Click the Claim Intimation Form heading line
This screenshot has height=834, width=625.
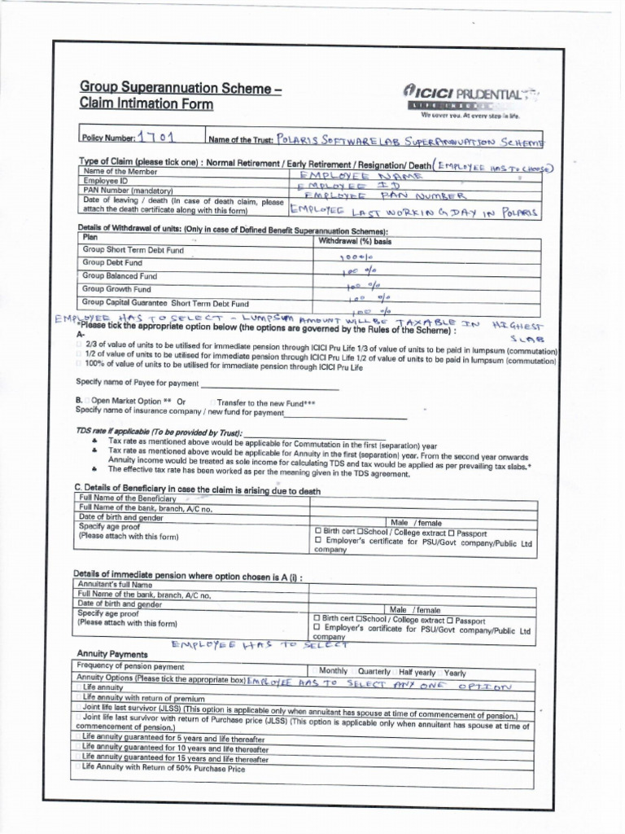pos(146,104)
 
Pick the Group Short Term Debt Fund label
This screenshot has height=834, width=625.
pos(133,250)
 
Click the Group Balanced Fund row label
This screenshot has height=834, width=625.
pos(120,276)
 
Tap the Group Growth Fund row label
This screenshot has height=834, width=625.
pos(116,289)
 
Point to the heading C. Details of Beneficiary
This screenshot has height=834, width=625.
pos(196,490)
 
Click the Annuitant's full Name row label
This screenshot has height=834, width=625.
pos(115,585)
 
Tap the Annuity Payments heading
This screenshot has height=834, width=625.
pos(112,654)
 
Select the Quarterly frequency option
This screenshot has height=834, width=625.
pos(374,672)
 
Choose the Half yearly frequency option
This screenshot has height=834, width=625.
pos(417,673)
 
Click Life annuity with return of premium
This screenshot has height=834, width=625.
pos(143,698)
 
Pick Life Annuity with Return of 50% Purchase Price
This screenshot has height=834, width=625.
pos(163,768)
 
